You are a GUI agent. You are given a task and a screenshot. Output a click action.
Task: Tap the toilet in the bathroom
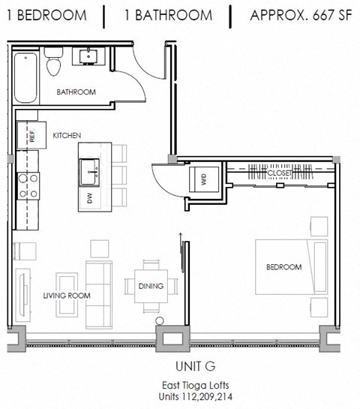[x=52, y=64]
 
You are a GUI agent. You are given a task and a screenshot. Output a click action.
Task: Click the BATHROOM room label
[x=76, y=92]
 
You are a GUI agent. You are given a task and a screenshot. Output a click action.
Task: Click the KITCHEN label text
[x=67, y=135]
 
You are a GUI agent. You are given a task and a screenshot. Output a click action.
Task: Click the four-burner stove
[x=28, y=185]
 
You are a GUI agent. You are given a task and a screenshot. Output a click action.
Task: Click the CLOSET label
[x=279, y=173]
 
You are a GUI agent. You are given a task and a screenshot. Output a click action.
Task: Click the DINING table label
[x=151, y=285]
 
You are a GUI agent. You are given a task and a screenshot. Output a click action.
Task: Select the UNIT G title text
[x=179, y=365]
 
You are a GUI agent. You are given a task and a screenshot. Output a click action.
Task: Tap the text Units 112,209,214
[x=179, y=395]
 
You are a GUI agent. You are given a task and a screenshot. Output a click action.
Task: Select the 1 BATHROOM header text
[x=164, y=14]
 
